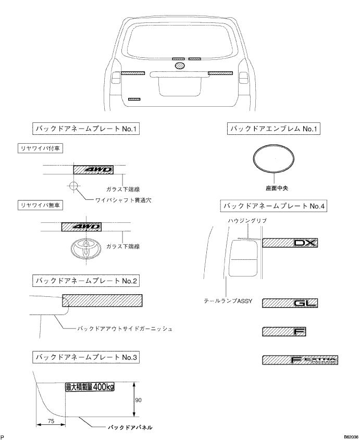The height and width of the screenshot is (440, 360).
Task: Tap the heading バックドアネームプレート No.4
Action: (274, 206)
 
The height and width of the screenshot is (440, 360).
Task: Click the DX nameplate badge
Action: (290, 243)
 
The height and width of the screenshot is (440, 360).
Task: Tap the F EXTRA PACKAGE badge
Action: (300, 360)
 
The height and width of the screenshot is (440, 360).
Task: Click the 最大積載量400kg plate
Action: (96, 387)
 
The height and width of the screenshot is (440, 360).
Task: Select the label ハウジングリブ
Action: (247, 221)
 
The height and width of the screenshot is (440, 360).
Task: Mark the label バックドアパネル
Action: (130, 427)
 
